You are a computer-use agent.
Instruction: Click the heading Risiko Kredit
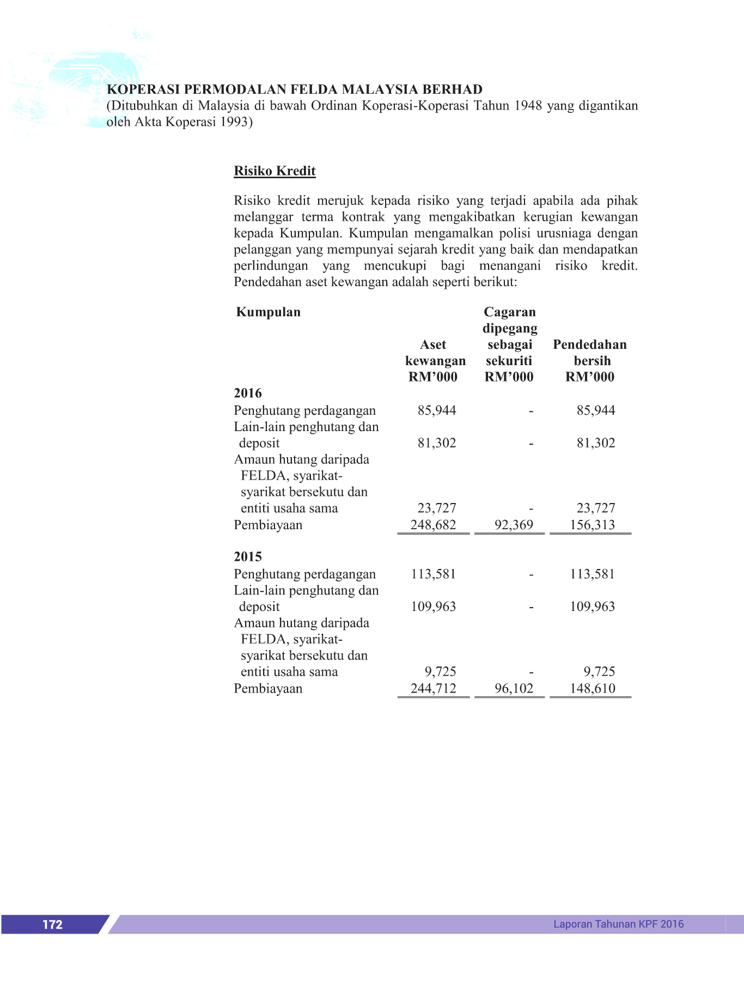(275, 171)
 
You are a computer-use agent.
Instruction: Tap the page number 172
(52, 924)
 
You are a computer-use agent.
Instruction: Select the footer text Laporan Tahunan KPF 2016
(618, 924)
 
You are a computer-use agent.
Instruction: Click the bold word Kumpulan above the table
(268, 312)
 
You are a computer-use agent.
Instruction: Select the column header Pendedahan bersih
(590, 353)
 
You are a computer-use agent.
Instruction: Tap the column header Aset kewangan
(435, 353)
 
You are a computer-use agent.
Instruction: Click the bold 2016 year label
(248, 393)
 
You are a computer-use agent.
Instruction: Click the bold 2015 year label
(248, 556)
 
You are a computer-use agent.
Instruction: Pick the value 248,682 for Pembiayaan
(433, 525)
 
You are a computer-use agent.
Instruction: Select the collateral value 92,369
(514, 525)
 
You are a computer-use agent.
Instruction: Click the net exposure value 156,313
(592, 525)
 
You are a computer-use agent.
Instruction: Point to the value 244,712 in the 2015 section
(433, 688)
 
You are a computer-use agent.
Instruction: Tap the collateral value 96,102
(514, 688)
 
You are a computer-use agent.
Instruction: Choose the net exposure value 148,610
(592, 688)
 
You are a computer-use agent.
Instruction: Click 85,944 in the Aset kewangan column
(437, 410)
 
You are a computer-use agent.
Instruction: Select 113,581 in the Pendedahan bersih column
(592, 574)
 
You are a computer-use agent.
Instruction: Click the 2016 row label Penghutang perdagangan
(304, 410)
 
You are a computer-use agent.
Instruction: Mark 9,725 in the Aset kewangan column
(440, 671)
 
